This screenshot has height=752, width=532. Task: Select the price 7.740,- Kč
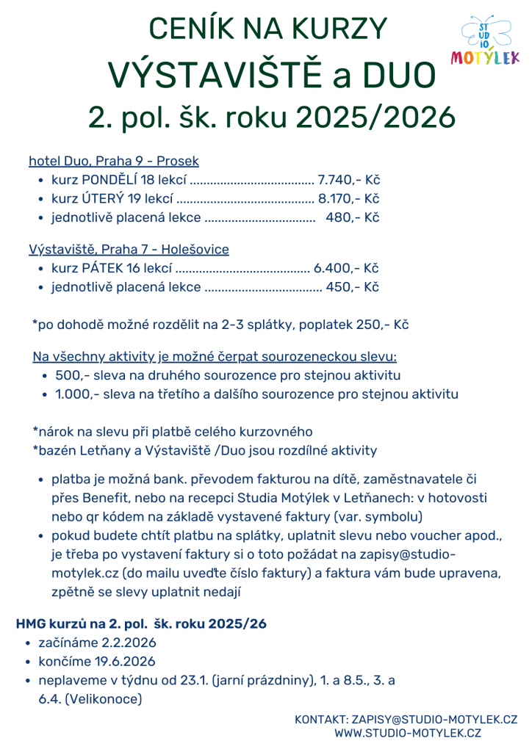coord(348,180)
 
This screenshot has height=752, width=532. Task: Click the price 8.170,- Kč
coord(348,199)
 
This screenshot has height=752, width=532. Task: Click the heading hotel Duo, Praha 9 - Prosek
coord(114,161)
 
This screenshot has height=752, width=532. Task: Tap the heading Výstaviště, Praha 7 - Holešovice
coord(129,250)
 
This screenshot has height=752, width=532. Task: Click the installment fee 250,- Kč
coord(381,324)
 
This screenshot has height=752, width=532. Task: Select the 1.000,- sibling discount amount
coord(76,394)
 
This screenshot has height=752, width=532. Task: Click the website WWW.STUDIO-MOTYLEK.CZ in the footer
coord(407,732)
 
